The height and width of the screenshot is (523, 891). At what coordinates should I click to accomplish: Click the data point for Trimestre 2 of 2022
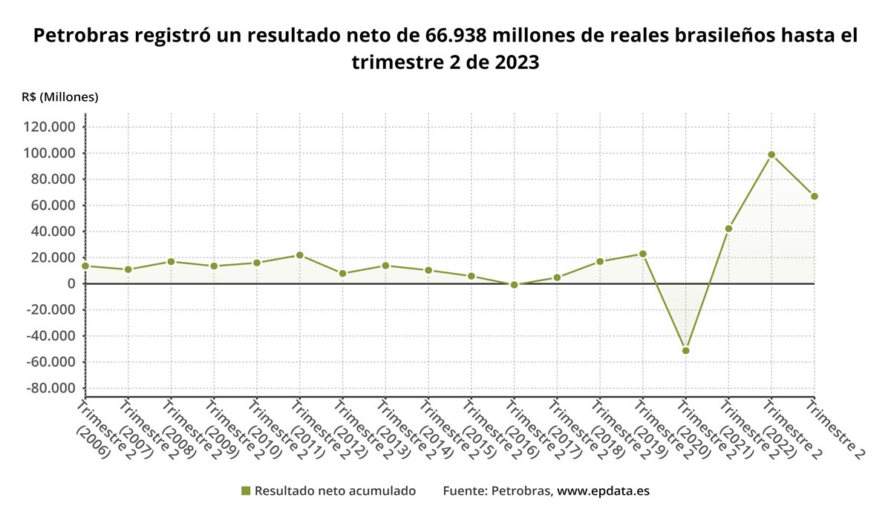(771, 154)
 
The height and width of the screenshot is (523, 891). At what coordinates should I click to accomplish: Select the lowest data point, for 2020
(685, 350)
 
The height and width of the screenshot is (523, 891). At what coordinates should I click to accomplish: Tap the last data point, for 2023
(815, 197)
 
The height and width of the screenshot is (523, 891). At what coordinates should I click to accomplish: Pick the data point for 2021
(728, 228)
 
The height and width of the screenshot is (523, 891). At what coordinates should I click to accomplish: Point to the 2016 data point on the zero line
(514, 284)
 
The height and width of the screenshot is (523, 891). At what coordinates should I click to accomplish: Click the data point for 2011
(299, 255)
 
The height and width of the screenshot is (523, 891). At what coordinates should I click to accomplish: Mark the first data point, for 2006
(85, 266)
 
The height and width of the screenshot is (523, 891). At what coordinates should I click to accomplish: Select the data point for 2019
(643, 254)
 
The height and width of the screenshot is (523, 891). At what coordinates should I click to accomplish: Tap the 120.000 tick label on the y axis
(50, 127)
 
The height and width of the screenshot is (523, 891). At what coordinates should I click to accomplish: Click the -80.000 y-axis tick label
(50, 388)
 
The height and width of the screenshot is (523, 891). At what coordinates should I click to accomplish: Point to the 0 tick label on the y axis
(71, 283)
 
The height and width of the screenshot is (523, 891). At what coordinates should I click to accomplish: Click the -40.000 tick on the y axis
(50, 336)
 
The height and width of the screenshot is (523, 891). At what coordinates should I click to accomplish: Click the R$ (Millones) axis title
(60, 97)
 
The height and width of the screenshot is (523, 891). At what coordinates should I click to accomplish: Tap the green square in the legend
(247, 491)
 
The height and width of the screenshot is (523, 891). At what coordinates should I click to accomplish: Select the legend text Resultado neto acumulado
(335, 491)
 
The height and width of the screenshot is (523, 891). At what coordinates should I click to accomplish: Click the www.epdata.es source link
(604, 491)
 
